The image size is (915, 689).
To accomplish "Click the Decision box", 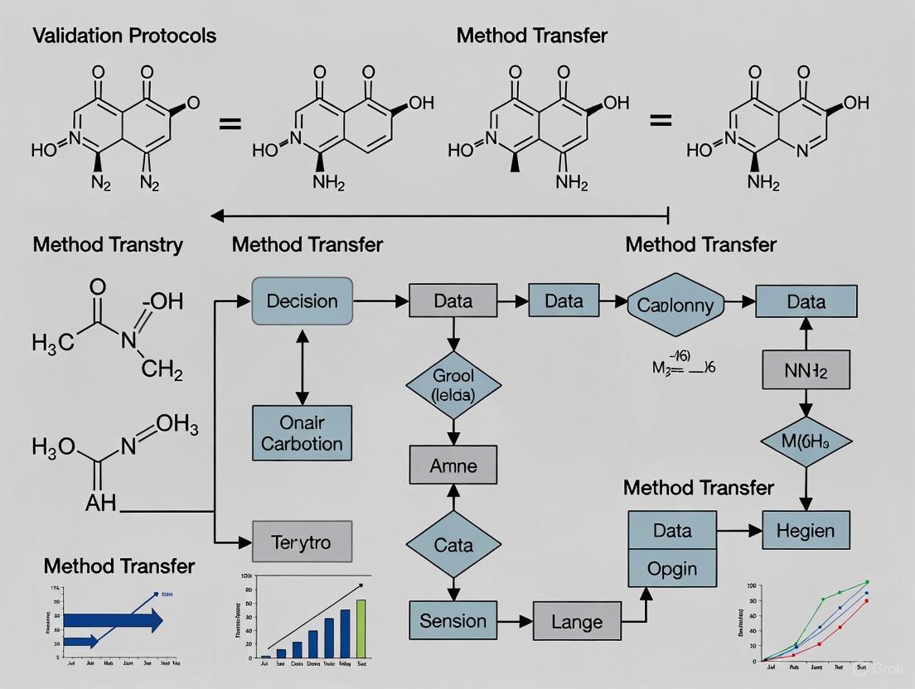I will pyautogui.click(x=302, y=301).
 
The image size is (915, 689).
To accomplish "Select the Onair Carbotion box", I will pyautogui.click(x=302, y=432).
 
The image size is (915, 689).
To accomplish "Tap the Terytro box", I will pyautogui.click(x=301, y=542).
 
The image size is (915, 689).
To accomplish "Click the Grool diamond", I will pyautogui.click(x=453, y=385).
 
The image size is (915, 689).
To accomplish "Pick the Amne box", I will pyautogui.click(x=453, y=465).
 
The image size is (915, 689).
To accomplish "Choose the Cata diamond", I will pyautogui.click(x=453, y=545).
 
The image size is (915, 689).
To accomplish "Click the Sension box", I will pyautogui.click(x=453, y=620).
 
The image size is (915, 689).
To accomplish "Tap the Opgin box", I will pyautogui.click(x=672, y=569).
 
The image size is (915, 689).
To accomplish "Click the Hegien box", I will pyautogui.click(x=806, y=530).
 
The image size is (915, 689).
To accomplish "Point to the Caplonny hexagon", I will pyautogui.click(x=675, y=305).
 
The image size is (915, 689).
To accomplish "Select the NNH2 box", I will pyautogui.click(x=806, y=369).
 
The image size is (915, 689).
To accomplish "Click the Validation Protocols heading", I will pyautogui.click(x=124, y=36).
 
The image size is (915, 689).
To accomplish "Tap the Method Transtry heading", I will pyautogui.click(x=108, y=245).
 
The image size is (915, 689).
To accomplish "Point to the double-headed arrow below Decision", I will pyautogui.click(x=302, y=364).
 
